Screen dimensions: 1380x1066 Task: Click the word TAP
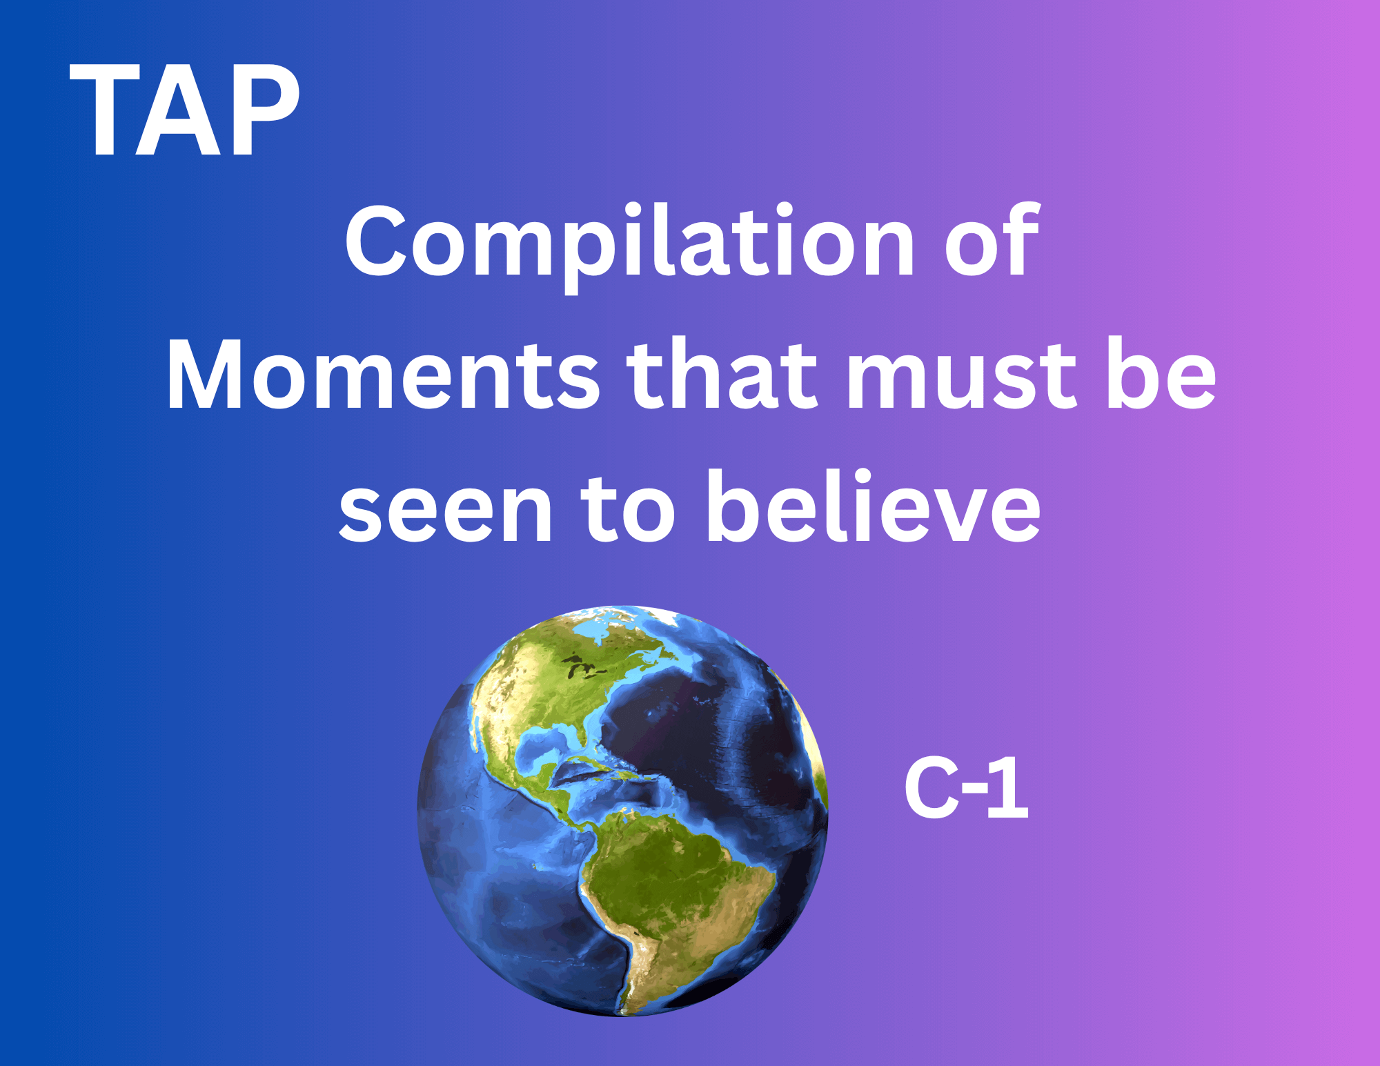click(185, 110)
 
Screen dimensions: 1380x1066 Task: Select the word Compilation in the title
click(629, 247)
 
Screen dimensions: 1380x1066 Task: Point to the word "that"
click(722, 373)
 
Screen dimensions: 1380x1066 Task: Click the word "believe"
click(873, 506)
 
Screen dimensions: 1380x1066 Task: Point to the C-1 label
click(967, 788)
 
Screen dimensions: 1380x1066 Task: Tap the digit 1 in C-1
click(1009, 788)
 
